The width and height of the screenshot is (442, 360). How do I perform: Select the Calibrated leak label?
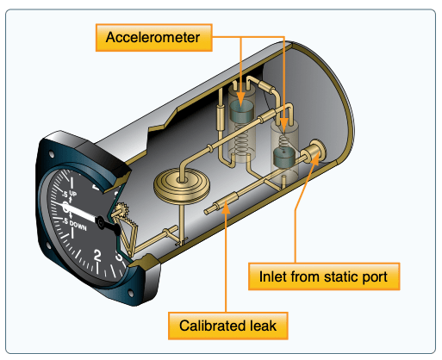point(227,326)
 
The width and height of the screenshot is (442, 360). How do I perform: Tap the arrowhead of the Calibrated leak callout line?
point(226,207)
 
